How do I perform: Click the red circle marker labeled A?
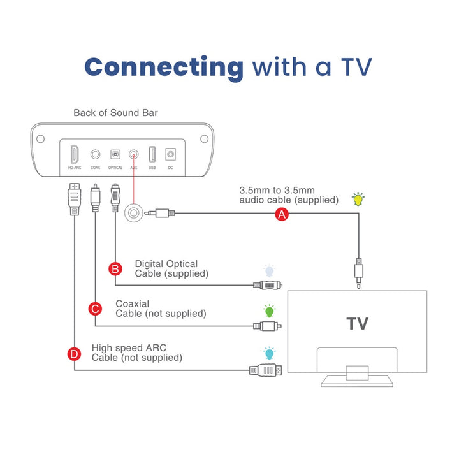pos(282,215)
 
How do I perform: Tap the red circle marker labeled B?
pos(115,268)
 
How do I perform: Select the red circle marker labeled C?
pos(95,309)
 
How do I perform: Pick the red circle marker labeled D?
pos(75,353)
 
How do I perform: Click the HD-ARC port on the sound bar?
pos(75,154)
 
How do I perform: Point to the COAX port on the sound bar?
pos(95,154)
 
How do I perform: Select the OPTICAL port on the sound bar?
pos(115,154)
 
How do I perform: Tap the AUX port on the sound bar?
pos(134,154)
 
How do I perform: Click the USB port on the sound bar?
pos(152,154)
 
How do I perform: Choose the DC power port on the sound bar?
pos(170,154)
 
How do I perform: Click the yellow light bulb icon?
pos(359,198)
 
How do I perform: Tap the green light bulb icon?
pos(269,311)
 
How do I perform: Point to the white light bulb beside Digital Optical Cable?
pos(269,271)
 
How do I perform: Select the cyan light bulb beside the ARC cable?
pos(269,353)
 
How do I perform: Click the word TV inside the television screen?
pos(357,323)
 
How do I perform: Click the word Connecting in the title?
pos(164,66)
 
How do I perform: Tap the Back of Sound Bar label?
pos(115,113)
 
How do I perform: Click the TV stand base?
pos(357,381)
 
